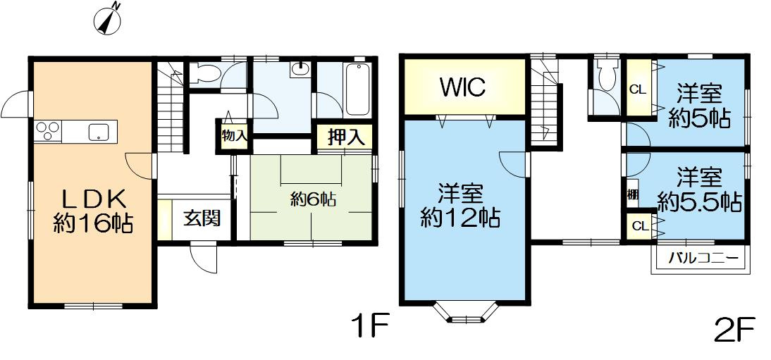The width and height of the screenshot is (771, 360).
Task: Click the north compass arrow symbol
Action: [x=109, y=19]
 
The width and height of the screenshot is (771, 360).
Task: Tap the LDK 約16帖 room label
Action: [x=92, y=210]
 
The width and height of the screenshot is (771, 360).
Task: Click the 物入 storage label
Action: [x=234, y=136]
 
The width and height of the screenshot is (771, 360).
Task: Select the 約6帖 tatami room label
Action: [x=313, y=199]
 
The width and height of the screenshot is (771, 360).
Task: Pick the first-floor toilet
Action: [x=206, y=73]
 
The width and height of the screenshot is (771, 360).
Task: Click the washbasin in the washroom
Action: [x=300, y=70]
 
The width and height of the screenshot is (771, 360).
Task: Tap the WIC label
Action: [x=463, y=87]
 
